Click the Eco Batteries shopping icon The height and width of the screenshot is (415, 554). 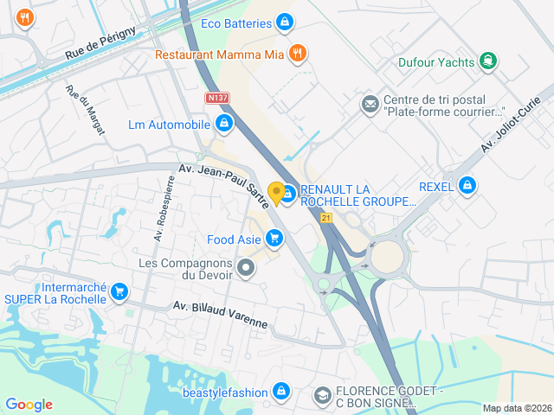tap(283, 23)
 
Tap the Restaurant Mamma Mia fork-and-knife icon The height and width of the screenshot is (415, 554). tap(297, 54)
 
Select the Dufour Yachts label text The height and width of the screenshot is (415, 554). tap(435, 61)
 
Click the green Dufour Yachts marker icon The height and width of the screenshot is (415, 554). tap(489, 61)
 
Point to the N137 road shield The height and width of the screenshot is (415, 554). tap(217, 99)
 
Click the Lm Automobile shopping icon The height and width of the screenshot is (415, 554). tap(224, 124)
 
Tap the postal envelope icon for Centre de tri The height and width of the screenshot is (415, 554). tap(370, 105)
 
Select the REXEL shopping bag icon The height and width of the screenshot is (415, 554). tap(467, 185)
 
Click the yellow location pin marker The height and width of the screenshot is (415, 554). tap(277, 193)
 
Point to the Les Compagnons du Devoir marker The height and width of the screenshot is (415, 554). tap(247, 269)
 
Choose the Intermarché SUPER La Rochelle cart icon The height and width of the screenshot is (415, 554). tap(119, 292)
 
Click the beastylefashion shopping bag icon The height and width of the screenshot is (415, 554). tap(280, 392)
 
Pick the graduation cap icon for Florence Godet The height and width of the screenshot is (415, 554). tap(323, 395)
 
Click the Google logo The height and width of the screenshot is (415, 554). tap(29, 405)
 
